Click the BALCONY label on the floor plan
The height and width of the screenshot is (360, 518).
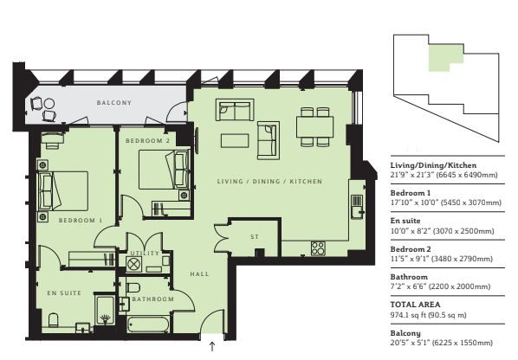click(114, 103)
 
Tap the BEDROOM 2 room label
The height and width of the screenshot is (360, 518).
click(147, 141)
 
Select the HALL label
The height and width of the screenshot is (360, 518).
click(199, 273)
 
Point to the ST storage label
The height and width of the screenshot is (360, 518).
click(255, 236)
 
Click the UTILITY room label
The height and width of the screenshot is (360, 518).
click(145, 253)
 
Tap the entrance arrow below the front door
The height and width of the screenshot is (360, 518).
click(212, 346)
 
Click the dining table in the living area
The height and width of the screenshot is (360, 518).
click(314, 126)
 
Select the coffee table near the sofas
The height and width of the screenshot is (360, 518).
click(235, 140)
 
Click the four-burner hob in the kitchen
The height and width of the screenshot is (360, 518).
click(318, 248)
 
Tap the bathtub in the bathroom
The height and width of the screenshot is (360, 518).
click(149, 325)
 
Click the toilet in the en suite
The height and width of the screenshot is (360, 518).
click(53, 320)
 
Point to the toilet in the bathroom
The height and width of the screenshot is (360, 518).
click(133, 287)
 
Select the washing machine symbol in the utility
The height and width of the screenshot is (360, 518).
click(133, 264)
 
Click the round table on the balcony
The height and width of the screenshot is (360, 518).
click(49, 104)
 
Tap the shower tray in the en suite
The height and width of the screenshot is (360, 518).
click(105, 310)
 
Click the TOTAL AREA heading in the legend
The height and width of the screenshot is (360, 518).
click(415, 305)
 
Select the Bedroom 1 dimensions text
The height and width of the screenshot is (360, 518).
click(445, 202)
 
